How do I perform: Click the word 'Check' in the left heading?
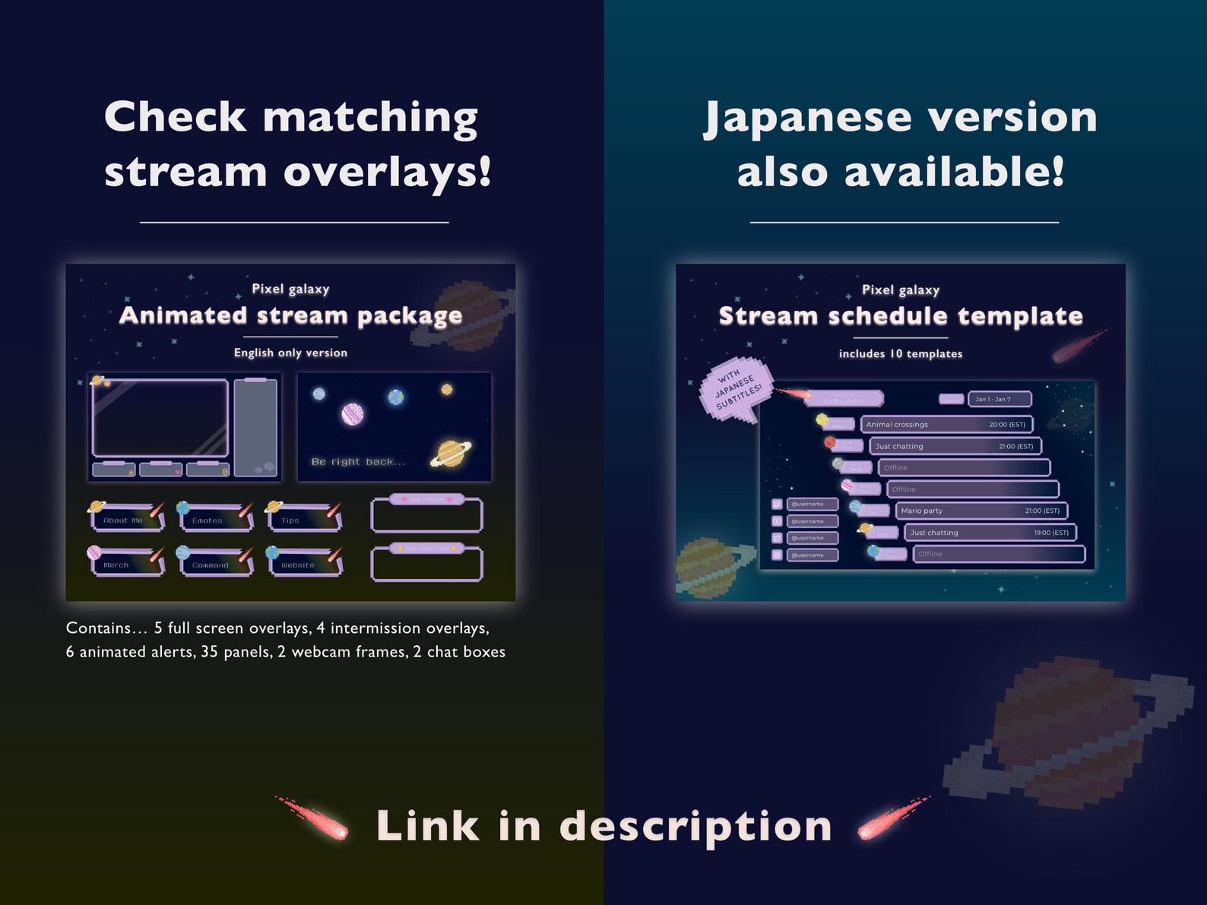pos(176,118)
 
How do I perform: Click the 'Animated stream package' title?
pos(290,315)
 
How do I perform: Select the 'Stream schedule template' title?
pos(901,316)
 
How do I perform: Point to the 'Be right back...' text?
pos(358,461)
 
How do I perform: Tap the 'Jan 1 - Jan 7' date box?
pos(999,399)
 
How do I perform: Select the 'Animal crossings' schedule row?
pos(946,424)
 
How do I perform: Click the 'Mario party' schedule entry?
pos(980,511)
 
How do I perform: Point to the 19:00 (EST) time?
pos(1050,533)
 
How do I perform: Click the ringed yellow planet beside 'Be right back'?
pos(450,453)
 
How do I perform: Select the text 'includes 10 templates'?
pos(900,353)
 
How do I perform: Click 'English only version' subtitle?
pos(290,353)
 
